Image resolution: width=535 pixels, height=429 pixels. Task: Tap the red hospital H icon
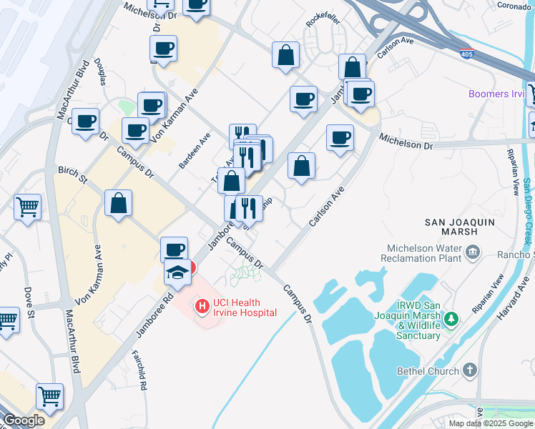[x=202, y=307]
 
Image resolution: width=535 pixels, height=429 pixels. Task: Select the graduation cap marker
[x=179, y=272]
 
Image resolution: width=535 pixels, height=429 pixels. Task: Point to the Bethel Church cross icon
[x=469, y=370]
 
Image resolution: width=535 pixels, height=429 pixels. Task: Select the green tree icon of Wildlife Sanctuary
[x=451, y=318]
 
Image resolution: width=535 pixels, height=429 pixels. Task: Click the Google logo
[x=24, y=420]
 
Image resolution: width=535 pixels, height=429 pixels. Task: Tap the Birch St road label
[x=72, y=174]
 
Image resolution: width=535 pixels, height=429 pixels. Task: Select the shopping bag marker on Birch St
[x=118, y=203]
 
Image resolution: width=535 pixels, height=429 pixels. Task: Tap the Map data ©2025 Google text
[x=491, y=423]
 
